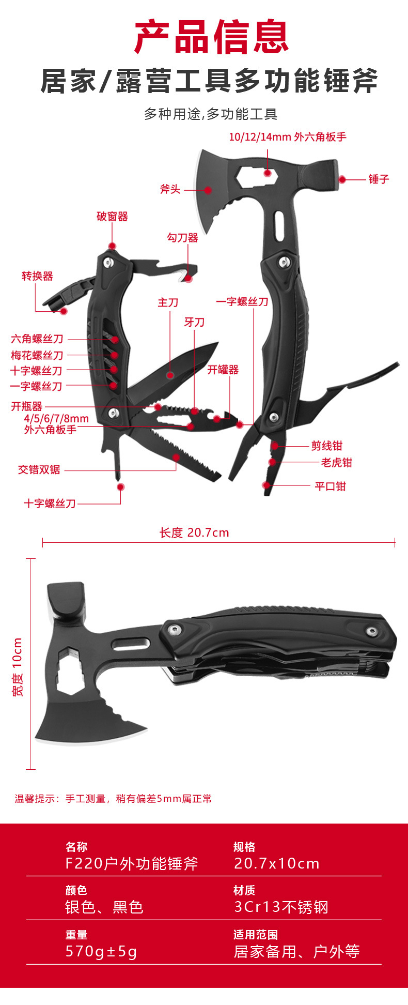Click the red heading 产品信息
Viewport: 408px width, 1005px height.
pyautogui.click(x=211, y=37)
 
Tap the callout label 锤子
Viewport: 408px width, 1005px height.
pyautogui.click(x=379, y=179)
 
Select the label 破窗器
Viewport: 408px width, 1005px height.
pyautogui.click(x=112, y=217)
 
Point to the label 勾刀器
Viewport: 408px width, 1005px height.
pyautogui.click(x=182, y=238)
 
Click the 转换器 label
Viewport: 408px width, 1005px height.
pyautogui.click(x=37, y=276)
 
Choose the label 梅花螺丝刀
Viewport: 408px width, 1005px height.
pyautogui.click(x=37, y=355)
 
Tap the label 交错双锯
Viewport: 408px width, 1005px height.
pyautogui.click(x=39, y=469)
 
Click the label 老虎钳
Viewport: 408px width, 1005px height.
pyautogui.click(x=336, y=462)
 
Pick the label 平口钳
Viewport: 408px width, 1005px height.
pyautogui.click(x=330, y=486)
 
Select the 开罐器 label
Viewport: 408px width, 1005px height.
pyautogui.click(x=223, y=370)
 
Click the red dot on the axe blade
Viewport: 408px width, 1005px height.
pyautogui.click(x=208, y=190)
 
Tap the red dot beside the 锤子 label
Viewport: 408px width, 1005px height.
pyautogui.click(x=342, y=179)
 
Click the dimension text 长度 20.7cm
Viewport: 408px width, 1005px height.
pyautogui.click(x=194, y=532)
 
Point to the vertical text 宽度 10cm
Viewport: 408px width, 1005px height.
pyautogui.click(x=18, y=667)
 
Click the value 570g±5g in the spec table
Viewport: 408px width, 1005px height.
pyautogui.click(x=101, y=951)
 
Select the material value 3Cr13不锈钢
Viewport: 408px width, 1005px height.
pyautogui.click(x=281, y=907)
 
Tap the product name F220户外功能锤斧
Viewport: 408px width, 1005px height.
pyautogui.click(x=132, y=863)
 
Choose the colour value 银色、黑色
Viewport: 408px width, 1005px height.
pyautogui.click(x=104, y=907)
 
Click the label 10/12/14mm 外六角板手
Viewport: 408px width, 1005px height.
pyautogui.click(x=288, y=137)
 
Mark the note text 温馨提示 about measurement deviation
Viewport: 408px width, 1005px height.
pyautogui.click(x=113, y=799)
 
